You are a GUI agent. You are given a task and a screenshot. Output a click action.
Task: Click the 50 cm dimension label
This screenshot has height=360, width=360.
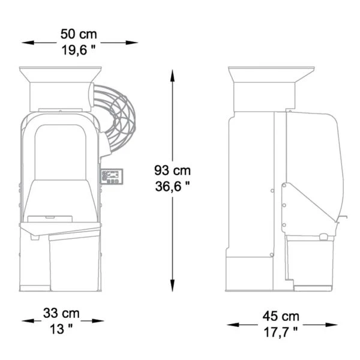[x=79, y=34]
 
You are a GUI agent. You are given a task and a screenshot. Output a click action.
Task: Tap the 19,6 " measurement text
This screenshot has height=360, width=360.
[x=79, y=50]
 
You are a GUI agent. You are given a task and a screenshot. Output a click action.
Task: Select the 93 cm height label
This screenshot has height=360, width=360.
[x=172, y=170]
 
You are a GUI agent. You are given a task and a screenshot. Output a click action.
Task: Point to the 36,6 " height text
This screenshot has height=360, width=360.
[x=172, y=186]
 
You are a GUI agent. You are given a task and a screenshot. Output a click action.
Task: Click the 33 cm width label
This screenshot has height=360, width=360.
[x=61, y=313]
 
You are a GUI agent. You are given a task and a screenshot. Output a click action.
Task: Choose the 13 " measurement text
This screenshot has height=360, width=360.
[x=61, y=329]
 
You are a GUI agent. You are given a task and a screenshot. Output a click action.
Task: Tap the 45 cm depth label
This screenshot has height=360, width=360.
[x=281, y=316]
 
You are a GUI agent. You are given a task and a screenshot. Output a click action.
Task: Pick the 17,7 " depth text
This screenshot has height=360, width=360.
[x=281, y=332]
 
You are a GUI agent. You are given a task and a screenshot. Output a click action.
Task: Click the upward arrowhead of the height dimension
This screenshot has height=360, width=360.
[x=172, y=76]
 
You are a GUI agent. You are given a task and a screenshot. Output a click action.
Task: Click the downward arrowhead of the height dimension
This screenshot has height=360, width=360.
[x=172, y=286]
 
